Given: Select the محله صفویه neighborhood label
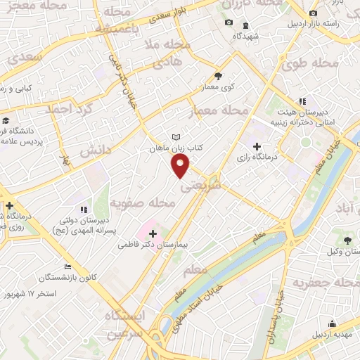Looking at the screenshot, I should point(143,203).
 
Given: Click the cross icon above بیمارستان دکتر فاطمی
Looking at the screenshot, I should point(153,232).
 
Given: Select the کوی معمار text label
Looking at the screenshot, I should point(220,87).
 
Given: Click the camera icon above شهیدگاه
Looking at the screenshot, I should point(228,23).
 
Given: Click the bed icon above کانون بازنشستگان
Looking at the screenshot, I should point(67,267).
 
